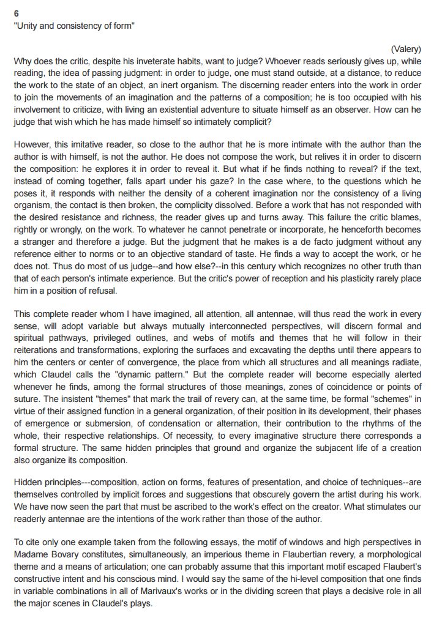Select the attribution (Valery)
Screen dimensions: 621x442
[x=406, y=49]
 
